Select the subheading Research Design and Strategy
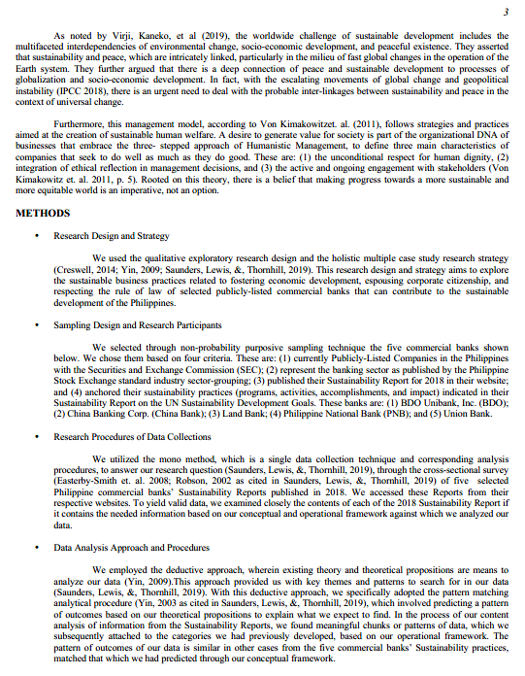tap(112, 236)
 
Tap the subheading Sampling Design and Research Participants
tap(137, 325)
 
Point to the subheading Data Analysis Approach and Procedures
tap(131, 548)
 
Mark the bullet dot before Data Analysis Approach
tap(36, 548)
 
